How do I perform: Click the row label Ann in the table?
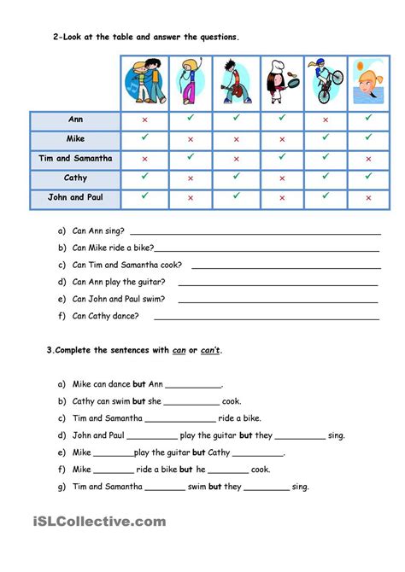point(75,120)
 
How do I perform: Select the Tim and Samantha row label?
point(75,159)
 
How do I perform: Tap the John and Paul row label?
point(75,198)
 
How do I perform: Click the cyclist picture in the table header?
point(326,83)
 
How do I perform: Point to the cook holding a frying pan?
point(281,83)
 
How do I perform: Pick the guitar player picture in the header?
point(235,83)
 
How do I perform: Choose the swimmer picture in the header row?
point(369,83)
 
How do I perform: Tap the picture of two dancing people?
point(144,83)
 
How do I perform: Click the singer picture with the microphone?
point(190,83)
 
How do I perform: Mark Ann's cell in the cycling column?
point(326,120)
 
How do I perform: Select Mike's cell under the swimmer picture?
point(369,139)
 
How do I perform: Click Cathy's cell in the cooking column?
point(281,178)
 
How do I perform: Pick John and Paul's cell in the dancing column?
point(144,196)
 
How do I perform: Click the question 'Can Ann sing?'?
point(98,231)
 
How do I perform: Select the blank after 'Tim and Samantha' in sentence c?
point(180,419)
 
